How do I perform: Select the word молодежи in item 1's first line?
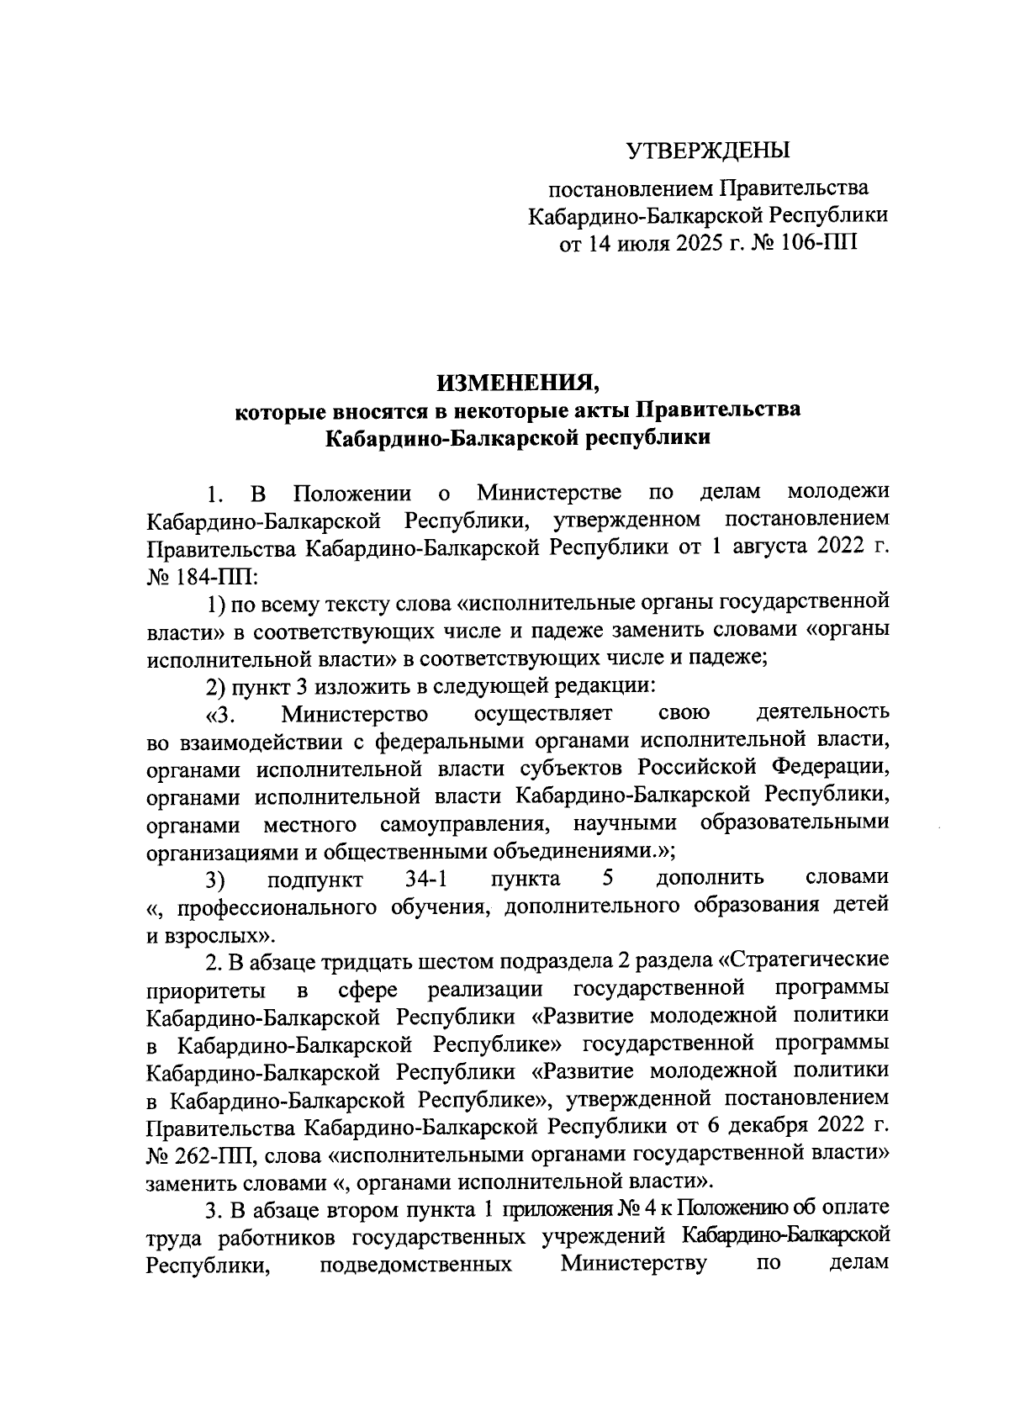click(x=837, y=491)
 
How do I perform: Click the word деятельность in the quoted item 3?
click(x=822, y=714)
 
